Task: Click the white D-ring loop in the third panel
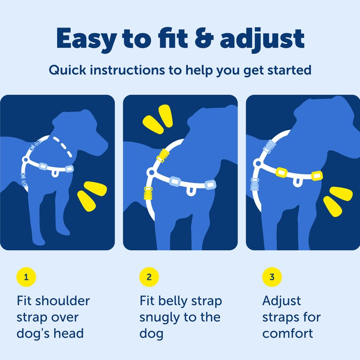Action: (297, 181)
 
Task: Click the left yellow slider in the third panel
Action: (282, 171)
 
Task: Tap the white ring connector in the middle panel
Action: (151, 172)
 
